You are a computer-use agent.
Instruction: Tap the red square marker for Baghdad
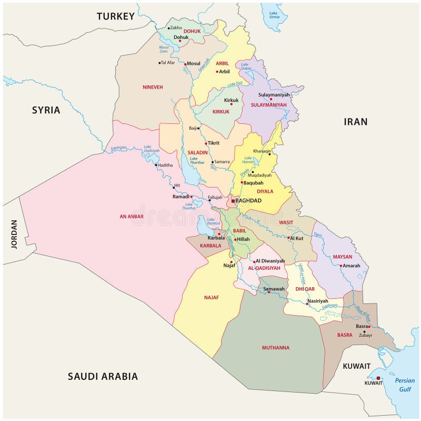(x=233, y=201)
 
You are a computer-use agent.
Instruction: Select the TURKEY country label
(x=116, y=16)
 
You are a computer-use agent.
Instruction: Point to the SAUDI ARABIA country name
(x=103, y=376)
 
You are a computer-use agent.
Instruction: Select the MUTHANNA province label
(x=276, y=348)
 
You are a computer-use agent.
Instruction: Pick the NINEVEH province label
(x=153, y=87)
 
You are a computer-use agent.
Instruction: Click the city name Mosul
(x=194, y=64)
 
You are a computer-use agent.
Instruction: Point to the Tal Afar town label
(x=168, y=63)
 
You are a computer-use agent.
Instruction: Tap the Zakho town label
(x=176, y=27)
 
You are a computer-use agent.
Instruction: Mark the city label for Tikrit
(x=213, y=143)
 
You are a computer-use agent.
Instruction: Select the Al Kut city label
(x=297, y=238)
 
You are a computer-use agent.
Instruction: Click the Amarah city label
(x=351, y=266)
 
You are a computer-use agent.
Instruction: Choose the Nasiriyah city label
(x=318, y=301)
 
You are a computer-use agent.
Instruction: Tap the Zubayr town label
(x=365, y=335)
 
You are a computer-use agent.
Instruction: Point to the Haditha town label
(x=165, y=165)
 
